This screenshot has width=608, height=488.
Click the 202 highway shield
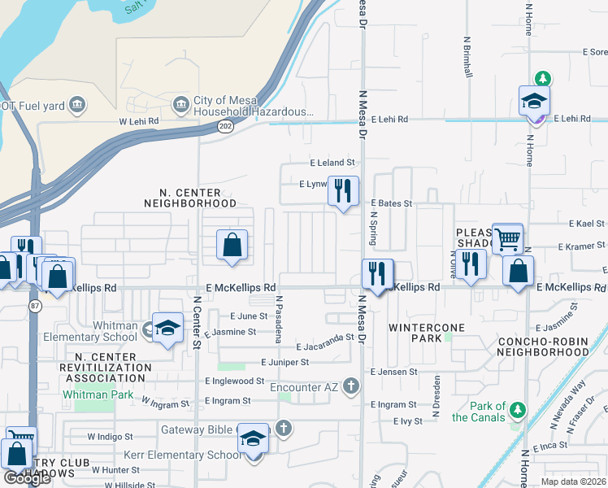coord(225,126)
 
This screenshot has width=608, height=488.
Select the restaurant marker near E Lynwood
coord(343,192)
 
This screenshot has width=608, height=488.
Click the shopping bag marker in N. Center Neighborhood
coord(232,245)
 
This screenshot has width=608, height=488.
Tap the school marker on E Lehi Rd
coord(534,102)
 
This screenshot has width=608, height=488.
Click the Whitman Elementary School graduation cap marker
coord(167,328)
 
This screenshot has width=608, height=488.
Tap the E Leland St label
coord(332,163)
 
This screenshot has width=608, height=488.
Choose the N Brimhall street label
coord(468,56)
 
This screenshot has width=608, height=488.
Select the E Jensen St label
coord(393,372)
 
